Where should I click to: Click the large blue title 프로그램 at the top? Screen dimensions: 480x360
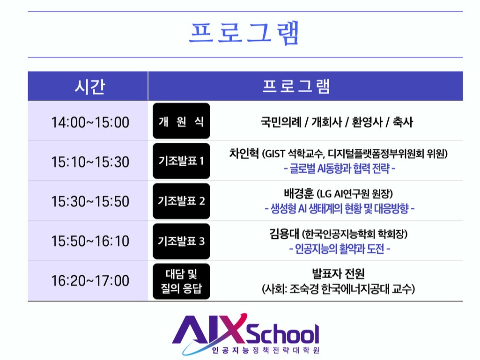(244, 33)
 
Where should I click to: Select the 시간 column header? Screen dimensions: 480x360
(90, 86)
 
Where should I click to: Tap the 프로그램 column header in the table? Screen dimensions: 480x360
(296, 86)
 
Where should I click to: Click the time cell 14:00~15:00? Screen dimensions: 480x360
(90, 123)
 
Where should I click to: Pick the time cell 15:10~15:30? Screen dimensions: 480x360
(90, 162)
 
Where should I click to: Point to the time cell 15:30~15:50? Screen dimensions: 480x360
(90, 201)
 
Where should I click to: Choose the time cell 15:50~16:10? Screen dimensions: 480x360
(90, 241)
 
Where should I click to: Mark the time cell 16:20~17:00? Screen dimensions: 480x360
(90, 281)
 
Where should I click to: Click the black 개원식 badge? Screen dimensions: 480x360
(181, 121)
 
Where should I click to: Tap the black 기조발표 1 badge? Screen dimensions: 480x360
(181, 161)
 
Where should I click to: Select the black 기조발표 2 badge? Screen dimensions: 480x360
(181, 201)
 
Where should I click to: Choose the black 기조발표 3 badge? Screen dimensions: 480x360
(181, 241)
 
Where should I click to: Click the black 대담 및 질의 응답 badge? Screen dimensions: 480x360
(181, 281)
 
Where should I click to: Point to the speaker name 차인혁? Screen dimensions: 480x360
(244, 153)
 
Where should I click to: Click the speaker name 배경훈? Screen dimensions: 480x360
(299, 193)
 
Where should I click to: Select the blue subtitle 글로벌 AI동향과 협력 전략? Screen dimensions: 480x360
(340, 169)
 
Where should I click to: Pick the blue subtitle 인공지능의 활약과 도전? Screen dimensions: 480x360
(340, 249)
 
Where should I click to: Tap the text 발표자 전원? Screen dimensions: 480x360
(338, 273)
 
